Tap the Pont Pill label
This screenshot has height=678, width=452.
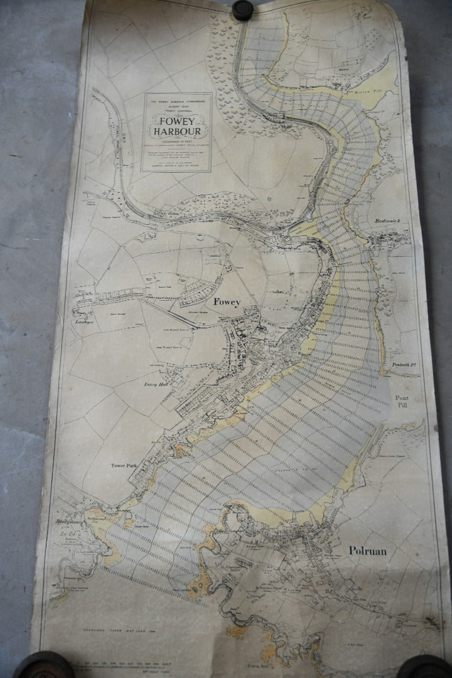tap(402, 402)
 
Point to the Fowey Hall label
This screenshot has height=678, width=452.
tap(154, 385)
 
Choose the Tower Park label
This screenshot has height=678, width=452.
tap(124, 465)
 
